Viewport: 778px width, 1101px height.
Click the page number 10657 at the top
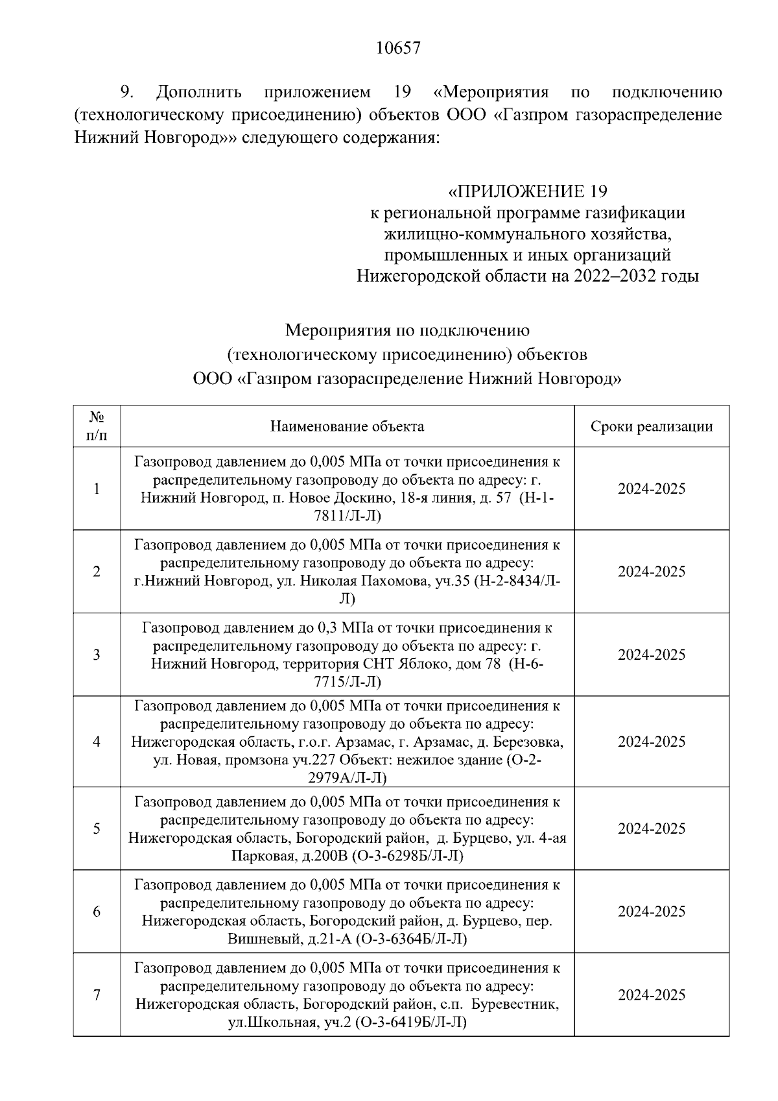point(398,49)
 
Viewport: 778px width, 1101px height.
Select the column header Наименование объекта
point(347,426)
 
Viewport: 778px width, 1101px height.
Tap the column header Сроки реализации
point(651,426)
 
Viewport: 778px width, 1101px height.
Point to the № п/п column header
point(97,426)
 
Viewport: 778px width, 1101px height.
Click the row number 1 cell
point(97,489)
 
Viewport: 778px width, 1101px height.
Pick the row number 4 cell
point(97,742)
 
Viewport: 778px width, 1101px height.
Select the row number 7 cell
point(97,995)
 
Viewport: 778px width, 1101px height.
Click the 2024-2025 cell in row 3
point(651,655)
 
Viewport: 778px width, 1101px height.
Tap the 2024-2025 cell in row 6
point(651,912)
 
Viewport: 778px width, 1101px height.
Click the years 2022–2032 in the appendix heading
point(614,276)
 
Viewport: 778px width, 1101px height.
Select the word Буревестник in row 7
point(514,1004)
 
